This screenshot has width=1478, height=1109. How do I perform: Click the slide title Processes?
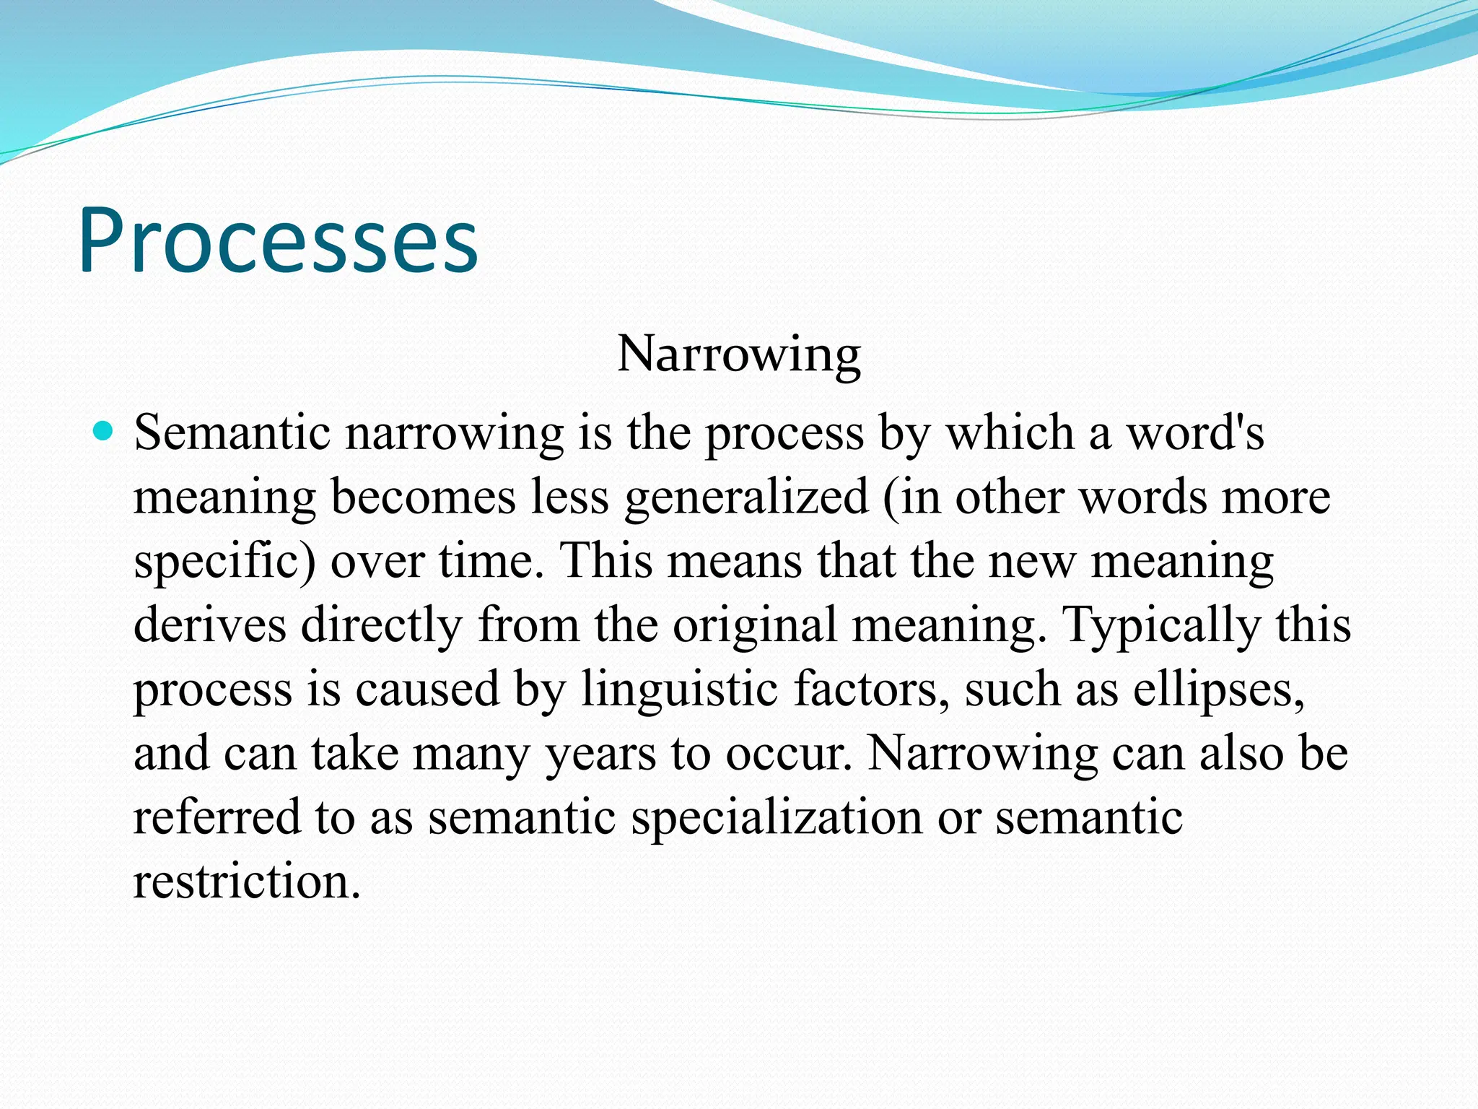278,240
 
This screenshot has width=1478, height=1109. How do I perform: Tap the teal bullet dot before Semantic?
105,432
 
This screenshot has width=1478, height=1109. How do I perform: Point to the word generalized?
746,497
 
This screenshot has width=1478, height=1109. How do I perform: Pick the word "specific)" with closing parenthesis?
224,562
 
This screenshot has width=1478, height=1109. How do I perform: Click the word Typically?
1161,625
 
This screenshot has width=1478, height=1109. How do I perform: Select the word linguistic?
679,689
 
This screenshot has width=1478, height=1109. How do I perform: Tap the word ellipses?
1218,689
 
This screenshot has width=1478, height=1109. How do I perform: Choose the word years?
600,753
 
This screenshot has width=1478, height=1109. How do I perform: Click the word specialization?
776,817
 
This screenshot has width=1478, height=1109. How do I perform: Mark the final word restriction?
246,882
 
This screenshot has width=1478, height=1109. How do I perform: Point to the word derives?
210,625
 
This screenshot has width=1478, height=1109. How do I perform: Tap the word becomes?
423,497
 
